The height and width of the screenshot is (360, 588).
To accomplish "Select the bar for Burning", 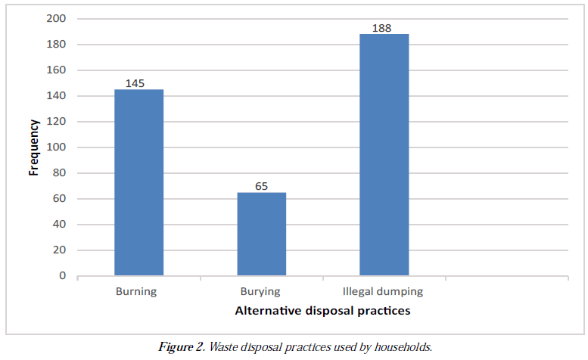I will tap(138, 182).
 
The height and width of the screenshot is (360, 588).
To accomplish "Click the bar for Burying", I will tap(261, 234).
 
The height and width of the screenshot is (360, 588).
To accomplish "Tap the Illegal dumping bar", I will tap(384, 155).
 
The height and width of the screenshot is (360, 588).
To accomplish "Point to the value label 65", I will tap(261, 186).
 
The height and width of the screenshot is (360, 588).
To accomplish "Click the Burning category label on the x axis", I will tap(136, 291).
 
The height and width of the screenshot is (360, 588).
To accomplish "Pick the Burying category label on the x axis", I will tap(260, 291).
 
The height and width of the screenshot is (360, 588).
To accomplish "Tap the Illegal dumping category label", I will tap(383, 291).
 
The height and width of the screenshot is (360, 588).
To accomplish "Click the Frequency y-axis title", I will tap(34, 147).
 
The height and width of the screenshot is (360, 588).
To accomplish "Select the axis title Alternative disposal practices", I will tap(322, 310).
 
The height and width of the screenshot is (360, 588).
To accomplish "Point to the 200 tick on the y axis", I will tap(57, 18).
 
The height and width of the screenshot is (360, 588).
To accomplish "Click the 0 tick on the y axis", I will tap(62, 276).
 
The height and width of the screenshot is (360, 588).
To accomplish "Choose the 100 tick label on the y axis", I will tap(57, 147).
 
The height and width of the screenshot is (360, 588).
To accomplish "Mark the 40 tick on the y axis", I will tap(59, 225).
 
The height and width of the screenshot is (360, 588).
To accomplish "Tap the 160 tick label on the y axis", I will tap(57, 70).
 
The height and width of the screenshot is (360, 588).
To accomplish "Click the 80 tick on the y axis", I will tap(59, 173).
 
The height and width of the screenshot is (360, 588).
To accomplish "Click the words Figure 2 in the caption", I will tap(181, 347).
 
